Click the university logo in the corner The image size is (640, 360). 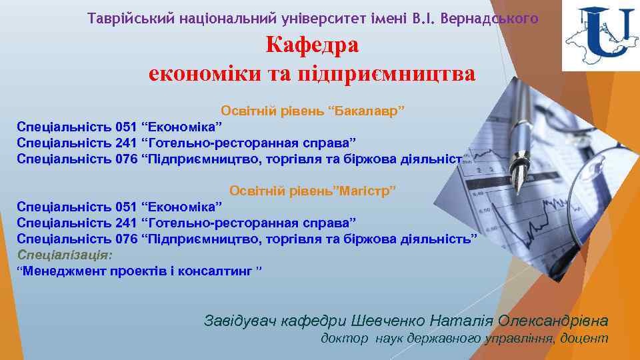[600, 37]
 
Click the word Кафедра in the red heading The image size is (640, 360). [312, 45]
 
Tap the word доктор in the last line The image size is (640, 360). [344, 339]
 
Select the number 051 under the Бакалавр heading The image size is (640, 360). [127, 126]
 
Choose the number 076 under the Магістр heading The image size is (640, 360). [127, 239]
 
